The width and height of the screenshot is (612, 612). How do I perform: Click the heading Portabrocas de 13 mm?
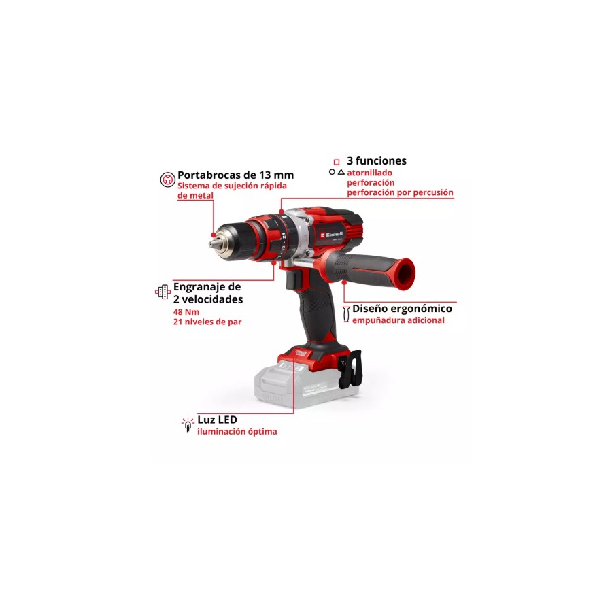pos(235,175)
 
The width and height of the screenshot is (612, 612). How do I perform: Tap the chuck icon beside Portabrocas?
pos(168,180)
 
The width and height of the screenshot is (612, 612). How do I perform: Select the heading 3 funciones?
pos(376,160)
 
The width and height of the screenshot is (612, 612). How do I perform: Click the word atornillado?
pos(369,173)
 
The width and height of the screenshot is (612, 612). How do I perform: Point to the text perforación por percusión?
pos(400,193)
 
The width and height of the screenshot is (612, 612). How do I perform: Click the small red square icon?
pos(337,162)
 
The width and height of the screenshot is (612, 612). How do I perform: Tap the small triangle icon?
pos(341,172)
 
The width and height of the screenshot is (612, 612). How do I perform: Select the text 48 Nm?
pos(186,312)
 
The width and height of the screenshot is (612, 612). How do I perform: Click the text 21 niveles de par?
pos(207,322)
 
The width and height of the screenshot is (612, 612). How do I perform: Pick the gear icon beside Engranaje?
pos(163,292)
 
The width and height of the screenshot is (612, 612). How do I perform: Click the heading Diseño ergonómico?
pos(402,309)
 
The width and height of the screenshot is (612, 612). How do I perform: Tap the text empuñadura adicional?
pos(398,320)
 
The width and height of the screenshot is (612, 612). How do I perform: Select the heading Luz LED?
pos(217,420)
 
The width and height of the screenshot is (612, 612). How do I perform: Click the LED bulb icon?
pos(188,424)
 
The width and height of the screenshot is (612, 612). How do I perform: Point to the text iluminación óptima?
pos(237,432)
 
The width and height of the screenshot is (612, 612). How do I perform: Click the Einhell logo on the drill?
pos(331,235)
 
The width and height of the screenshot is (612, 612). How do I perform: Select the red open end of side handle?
pos(403,275)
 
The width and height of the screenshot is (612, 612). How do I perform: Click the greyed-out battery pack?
pos(307,385)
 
